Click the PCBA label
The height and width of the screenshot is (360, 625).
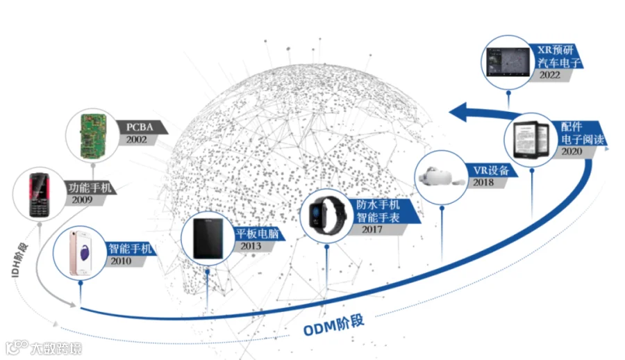coord(140,127)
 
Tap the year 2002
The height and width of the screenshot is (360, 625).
coord(136,140)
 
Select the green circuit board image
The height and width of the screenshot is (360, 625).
coord(93,136)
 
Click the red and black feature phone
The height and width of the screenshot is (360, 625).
coord(39,195)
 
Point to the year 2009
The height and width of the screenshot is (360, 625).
coord(82,199)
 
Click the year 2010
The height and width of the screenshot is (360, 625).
coord(121,261)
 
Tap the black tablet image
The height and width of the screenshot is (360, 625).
coord(208,238)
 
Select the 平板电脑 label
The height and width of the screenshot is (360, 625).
coord(257,233)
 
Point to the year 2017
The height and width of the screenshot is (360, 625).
coord(372,229)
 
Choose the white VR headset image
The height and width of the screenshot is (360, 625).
coord(440,177)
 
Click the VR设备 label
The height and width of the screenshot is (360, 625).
coord(491,170)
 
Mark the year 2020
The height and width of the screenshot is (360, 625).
coord(572,152)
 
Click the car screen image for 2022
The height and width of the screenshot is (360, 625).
coord(508,62)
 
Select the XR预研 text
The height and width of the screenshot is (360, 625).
coord(556,50)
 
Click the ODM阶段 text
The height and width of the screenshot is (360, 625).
coord(333,325)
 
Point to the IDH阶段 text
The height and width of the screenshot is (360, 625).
coord(19,259)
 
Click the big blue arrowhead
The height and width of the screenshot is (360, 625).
coord(458,112)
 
